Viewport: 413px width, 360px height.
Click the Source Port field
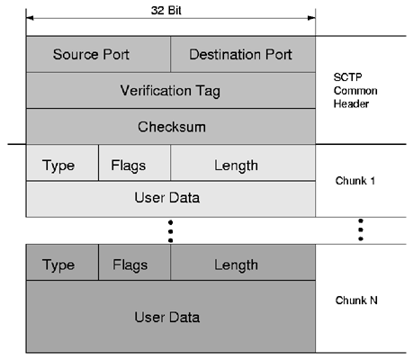98,54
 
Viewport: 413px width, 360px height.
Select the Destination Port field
243,54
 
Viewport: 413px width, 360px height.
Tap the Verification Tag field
171,90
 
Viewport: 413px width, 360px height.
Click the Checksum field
171,126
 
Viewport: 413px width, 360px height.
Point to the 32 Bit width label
166,11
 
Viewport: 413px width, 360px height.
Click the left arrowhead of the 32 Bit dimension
30,18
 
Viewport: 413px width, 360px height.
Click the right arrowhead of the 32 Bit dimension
312,18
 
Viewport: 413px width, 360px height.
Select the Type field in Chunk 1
62,163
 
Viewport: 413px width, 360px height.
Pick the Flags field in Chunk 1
134,163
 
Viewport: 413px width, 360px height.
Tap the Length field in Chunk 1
243,163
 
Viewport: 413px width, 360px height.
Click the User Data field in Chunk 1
171,199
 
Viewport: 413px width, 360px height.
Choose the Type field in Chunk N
62,263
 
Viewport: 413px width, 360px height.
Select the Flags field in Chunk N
134,263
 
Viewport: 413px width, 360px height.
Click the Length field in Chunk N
243,263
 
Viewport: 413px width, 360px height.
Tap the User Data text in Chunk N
167,317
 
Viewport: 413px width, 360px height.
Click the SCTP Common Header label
355,90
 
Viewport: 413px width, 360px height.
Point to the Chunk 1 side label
355,181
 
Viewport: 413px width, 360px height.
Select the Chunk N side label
356,301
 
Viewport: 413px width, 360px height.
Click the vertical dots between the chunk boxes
171,231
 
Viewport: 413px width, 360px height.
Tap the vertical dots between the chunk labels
361,229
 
